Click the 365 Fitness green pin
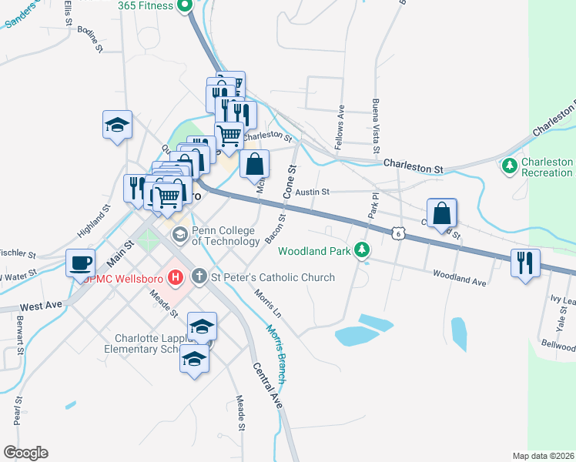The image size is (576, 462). pyautogui.click(x=185, y=7)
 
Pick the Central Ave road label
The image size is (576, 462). pyautogui.click(x=266, y=389)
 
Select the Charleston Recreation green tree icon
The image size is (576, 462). pyautogui.click(x=509, y=166)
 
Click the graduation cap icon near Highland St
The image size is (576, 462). pyautogui.click(x=117, y=126)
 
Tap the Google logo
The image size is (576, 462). pyautogui.click(x=25, y=452)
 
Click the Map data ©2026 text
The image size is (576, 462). pyautogui.click(x=543, y=455)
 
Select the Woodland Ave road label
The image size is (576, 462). pyautogui.click(x=459, y=278)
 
